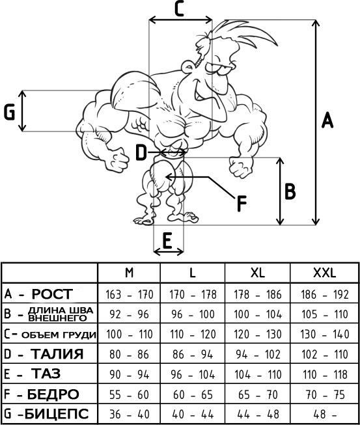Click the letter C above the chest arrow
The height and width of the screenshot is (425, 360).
179,8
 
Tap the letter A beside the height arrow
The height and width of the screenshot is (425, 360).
327,120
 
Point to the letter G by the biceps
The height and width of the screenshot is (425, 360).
9,113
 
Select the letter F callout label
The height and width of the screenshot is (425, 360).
242,204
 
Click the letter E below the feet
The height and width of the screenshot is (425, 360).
167,241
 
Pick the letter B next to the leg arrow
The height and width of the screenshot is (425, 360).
290,191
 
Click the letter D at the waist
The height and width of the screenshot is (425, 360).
141,153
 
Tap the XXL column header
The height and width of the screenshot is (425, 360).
324,273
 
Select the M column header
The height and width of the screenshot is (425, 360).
130,273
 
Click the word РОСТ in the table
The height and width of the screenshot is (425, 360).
53,294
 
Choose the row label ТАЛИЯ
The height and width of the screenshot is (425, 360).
57,354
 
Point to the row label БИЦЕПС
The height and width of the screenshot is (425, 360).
57,414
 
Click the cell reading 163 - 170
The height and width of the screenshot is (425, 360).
130,295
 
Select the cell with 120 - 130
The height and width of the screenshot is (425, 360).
258,335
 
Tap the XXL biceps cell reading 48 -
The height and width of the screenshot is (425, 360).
324,415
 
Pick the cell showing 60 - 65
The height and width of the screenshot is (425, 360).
193,394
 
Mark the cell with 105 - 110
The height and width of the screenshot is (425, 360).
324,314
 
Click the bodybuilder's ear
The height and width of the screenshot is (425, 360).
187,66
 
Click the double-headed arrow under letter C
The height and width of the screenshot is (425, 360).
180,20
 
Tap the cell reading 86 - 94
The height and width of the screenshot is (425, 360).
193,355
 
